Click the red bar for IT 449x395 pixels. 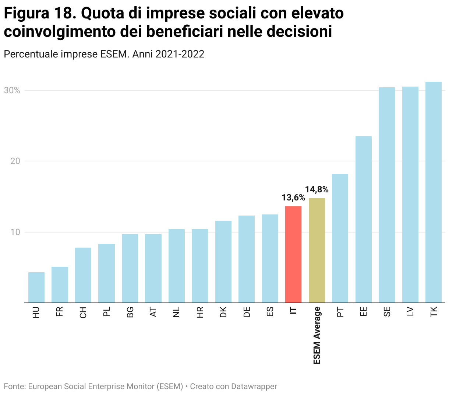(x=293, y=254)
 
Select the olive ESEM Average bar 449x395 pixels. (x=317, y=250)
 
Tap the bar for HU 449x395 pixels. (x=36, y=287)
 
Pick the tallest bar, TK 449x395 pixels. (x=434, y=192)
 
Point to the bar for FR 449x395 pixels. (x=60, y=284)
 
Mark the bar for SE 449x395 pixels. (x=387, y=195)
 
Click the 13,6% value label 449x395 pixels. (x=293, y=198)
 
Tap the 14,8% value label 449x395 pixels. (x=317, y=190)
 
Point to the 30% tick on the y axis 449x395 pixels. (x=12, y=91)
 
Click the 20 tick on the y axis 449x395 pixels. (x=15, y=161)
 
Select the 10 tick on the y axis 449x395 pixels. (x=15, y=232)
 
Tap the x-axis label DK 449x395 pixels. (x=223, y=312)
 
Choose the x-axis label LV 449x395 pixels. (x=410, y=312)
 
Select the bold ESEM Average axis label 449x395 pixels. (x=317, y=335)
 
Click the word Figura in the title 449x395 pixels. (x=26, y=14)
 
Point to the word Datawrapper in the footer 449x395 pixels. (x=255, y=387)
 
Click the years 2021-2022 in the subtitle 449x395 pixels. (x=180, y=54)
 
